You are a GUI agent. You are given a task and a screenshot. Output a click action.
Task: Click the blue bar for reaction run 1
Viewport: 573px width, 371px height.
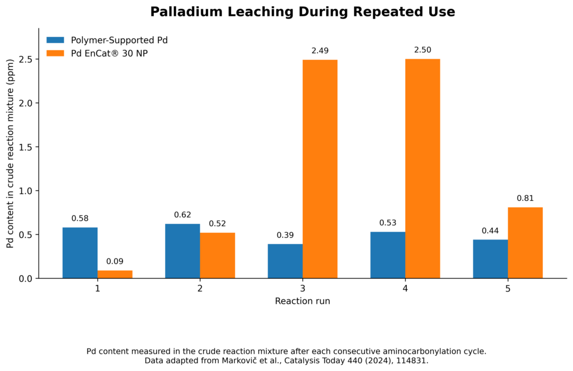point(80,253)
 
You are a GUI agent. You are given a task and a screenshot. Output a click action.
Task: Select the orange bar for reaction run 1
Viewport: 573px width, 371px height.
point(115,275)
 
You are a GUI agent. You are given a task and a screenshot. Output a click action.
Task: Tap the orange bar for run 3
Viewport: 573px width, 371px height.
point(320,169)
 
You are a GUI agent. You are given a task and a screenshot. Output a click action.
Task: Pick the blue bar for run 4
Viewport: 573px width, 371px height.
point(388,255)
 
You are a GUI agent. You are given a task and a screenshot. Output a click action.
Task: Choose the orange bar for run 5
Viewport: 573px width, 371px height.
point(525,243)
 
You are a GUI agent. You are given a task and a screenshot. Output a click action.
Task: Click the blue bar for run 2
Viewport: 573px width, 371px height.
point(182,251)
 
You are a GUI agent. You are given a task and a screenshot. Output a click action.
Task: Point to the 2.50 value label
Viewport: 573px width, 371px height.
point(423,50)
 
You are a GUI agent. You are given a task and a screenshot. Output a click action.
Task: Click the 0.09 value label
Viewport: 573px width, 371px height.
point(115,261)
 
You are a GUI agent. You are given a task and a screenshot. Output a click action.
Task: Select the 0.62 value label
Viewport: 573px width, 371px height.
point(182,215)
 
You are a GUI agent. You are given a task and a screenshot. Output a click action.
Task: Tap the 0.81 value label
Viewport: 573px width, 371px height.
point(525,199)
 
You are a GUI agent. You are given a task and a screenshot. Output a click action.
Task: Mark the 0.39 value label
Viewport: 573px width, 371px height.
point(285,235)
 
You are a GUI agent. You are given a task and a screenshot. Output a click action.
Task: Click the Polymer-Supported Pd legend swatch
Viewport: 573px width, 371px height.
point(55,40)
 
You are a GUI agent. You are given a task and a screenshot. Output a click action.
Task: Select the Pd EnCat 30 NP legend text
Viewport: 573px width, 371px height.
point(109,53)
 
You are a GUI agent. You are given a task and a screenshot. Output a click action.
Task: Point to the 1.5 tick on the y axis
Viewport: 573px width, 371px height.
point(37,147)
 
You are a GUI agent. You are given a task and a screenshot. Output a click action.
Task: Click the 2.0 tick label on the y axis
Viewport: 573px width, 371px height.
point(26,103)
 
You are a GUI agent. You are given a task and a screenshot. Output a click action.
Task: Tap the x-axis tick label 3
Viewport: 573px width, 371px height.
point(303,289)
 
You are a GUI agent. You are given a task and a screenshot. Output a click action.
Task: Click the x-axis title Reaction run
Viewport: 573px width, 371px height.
point(303,301)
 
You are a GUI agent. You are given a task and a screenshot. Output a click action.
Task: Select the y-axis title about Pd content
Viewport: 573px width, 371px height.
point(10,153)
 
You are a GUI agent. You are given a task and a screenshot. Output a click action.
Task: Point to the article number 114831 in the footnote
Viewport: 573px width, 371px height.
point(413,361)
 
